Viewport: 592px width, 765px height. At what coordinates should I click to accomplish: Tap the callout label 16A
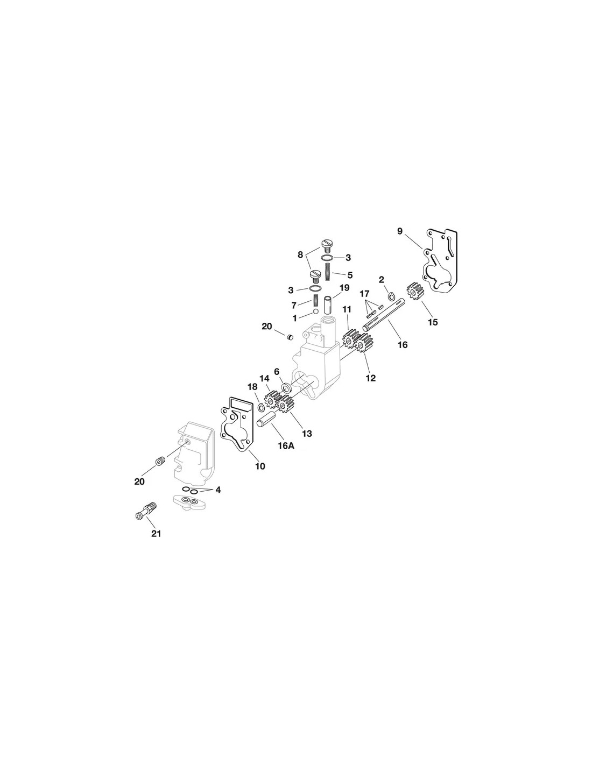[x=286, y=445]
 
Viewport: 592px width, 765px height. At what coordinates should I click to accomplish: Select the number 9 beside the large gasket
[x=399, y=231]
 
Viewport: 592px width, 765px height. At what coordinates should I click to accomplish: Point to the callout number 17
[x=364, y=293]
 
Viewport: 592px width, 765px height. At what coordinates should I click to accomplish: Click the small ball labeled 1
[x=316, y=311]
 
